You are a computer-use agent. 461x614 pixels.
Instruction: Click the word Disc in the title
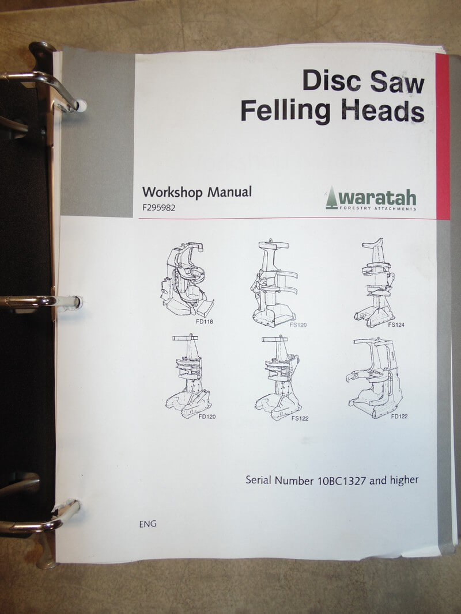pos(331,80)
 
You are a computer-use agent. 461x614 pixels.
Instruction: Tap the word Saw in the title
pos(397,82)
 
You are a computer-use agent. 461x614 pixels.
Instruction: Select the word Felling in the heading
pos(285,110)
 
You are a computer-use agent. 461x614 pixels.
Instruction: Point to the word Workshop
pos(172,192)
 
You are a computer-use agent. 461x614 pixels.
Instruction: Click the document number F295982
pos(159,208)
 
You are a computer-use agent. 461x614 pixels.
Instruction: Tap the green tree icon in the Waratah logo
pos(332,198)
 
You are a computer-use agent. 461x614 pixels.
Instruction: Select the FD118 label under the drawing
pos(204,322)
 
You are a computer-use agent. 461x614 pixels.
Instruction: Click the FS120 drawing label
pos(298,325)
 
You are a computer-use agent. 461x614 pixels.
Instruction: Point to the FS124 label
pos(396,325)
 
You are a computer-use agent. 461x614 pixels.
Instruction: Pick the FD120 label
pos(207,417)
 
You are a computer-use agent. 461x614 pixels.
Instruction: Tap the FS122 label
pos(300,418)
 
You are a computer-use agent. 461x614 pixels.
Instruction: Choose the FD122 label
pos(399,417)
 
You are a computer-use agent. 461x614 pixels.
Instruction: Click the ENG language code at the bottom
pos(148,524)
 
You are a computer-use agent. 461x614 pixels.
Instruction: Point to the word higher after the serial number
pos(404,480)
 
